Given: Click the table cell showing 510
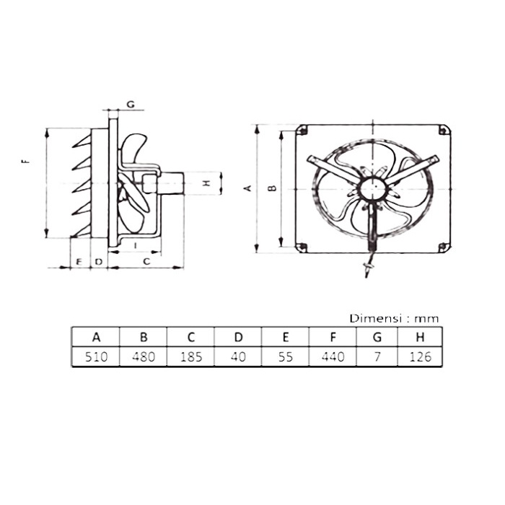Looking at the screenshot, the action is click(96, 357).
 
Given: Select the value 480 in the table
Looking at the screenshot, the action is click(144, 357).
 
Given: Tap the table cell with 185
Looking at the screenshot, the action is click(191, 357).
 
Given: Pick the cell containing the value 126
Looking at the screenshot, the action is click(421, 357).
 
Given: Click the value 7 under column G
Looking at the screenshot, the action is click(377, 357).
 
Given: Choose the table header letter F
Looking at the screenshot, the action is click(333, 337).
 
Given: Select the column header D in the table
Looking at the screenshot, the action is click(238, 337).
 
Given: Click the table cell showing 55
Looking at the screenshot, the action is click(286, 357).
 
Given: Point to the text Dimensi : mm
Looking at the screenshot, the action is click(394, 319).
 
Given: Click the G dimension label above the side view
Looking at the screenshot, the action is click(131, 105).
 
